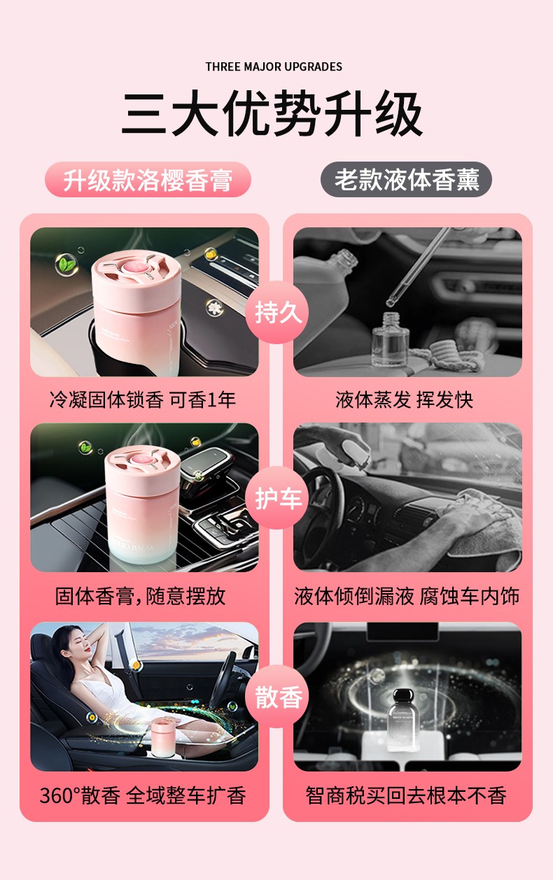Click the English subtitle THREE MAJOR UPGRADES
pos(274,66)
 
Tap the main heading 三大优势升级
pos(273,115)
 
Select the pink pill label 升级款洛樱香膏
pos(148,180)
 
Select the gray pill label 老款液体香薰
pos(406,180)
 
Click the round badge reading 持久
pos(277,313)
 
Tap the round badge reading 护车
pos(277,498)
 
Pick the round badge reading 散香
pos(277,697)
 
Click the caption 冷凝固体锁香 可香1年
pos(143,399)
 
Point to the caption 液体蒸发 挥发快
pos(405,399)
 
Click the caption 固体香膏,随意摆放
pos(141,596)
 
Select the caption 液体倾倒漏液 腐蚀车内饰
pos(407,596)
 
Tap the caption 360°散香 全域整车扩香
pos(143,795)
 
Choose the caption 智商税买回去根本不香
pos(406,795)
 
